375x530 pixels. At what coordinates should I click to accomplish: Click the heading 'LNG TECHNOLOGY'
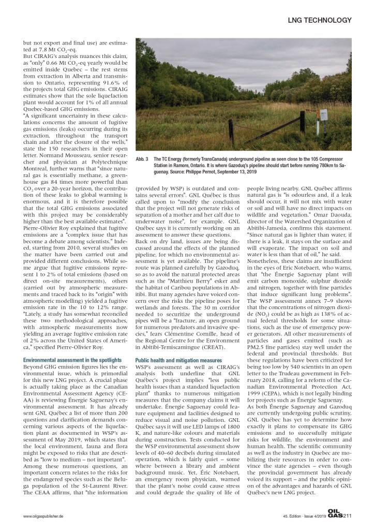pyautogui.click(x=321, y=20)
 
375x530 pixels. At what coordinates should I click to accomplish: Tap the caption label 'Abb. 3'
pyautogui.click(x=142, y=158)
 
